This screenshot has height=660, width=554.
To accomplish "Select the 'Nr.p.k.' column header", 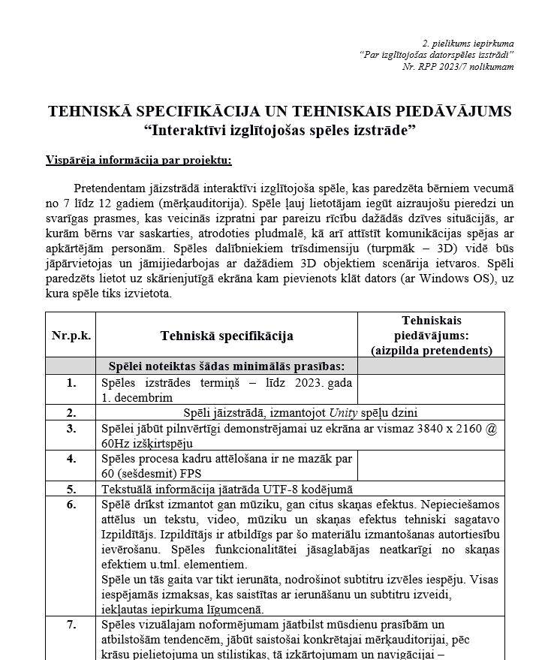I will coord(71,335).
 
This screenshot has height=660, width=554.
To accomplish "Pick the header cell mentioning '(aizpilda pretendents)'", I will coord(432,350).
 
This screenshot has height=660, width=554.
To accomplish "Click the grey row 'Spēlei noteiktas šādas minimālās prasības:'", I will coord(227,366).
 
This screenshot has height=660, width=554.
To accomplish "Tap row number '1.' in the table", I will coord(71,383).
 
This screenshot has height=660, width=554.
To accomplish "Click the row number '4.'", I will coord(71,457).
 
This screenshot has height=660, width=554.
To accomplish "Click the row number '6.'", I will coord(71,504).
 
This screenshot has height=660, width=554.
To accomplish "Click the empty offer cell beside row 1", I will coord(432,389).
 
